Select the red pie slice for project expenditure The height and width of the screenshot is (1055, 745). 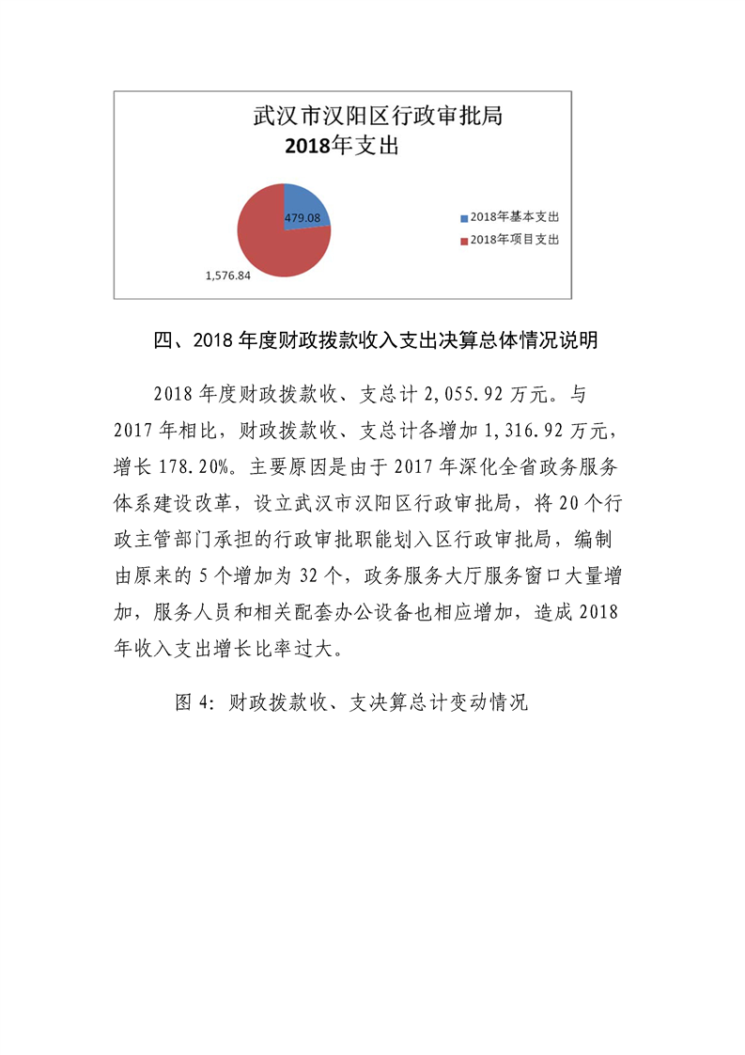(x=268, y=244)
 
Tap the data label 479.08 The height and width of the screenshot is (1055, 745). (x=303, y=218)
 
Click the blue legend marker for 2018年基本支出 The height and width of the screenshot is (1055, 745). (x=463, y=218)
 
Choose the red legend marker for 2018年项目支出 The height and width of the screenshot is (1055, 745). (x=463, y=241)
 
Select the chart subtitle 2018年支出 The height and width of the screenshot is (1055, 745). (x=342, y=146)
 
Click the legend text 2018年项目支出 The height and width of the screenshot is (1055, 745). (x=516, y=241)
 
